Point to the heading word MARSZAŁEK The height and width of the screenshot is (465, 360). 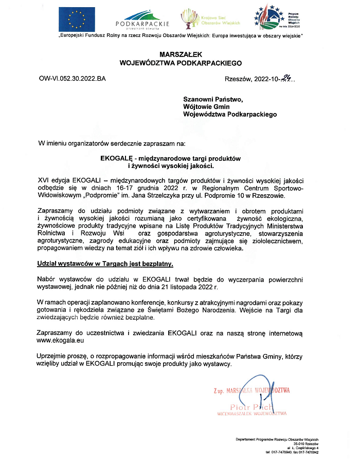click(x=180, y=54)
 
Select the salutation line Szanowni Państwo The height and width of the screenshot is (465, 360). click(x=212, y=99)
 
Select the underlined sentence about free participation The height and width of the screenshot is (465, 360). click(x=105, y=264)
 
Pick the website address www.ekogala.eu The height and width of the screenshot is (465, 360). click(x=61, y=341)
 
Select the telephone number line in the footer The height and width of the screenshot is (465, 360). click(x=292, y=453)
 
